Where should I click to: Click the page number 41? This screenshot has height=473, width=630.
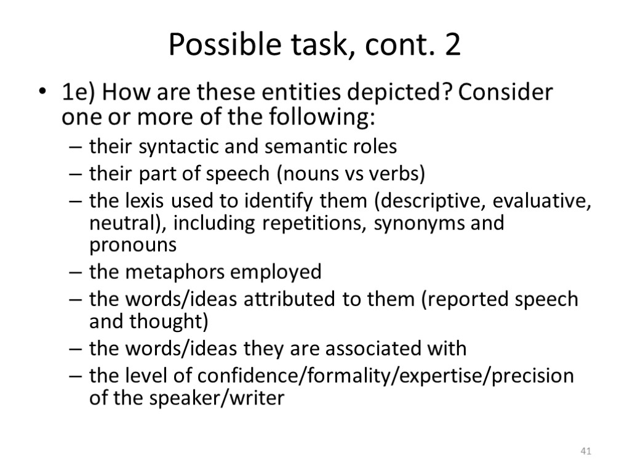586,453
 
